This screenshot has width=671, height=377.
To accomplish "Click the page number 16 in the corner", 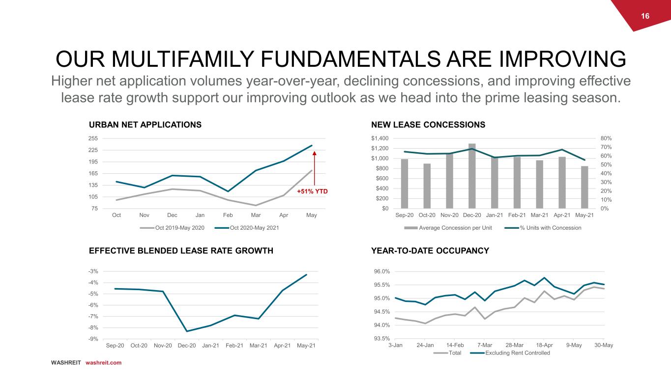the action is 645,16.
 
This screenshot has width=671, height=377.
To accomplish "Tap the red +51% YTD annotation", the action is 312,191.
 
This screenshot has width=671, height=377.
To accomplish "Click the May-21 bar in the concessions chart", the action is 584,188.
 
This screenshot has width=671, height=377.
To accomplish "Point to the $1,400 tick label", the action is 380,138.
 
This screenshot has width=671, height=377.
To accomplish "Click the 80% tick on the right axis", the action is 606,138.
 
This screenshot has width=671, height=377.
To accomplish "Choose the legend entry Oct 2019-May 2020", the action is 172,228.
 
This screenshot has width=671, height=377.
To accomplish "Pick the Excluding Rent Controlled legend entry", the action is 510,353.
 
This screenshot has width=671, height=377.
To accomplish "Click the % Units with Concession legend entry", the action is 543,228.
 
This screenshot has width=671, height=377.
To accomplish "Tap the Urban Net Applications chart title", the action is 145,125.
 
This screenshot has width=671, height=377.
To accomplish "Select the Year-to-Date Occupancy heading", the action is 430,251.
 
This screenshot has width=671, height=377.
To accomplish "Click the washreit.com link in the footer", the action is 103,363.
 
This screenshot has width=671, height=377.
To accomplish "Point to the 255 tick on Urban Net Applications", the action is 93,138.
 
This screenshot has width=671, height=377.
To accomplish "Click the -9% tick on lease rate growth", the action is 93,339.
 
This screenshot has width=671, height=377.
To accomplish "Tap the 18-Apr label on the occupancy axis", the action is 544,345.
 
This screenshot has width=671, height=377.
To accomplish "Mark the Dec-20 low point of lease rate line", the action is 187,331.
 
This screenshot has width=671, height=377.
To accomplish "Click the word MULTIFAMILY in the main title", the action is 183,59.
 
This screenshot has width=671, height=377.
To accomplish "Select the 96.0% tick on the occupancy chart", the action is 382,271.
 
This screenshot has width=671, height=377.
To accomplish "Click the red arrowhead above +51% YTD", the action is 314,153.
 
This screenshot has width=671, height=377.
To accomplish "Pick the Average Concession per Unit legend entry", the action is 448,228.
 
